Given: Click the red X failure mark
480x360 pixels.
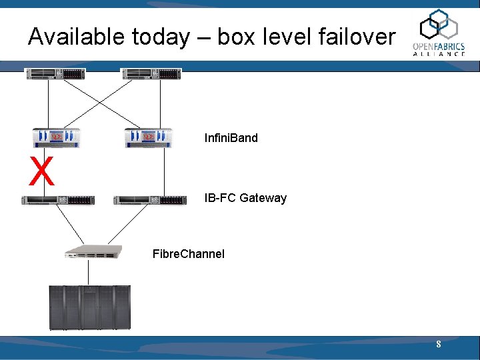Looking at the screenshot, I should [x=41, y=171].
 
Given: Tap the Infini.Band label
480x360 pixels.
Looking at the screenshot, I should [x=231, y=139].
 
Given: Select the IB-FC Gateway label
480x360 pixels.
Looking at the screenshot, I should [x=245, y=198].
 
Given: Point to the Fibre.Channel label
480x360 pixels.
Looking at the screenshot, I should [x=189, y=254].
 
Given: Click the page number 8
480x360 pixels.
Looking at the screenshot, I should [x=438, y=345].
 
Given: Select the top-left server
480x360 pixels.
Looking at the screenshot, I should [x=55, y=74].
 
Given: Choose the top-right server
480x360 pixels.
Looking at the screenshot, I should [x=151, y=74].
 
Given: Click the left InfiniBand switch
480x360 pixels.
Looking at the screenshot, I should [x=56, y=137].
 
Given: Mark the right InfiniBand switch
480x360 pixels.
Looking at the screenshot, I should [x=149, y=137].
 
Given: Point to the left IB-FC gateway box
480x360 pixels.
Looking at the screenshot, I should [x=58, y=200].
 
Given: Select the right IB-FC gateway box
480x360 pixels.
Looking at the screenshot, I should [x=150, y=200].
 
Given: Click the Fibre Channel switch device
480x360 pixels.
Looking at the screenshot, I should [x=93, y=252].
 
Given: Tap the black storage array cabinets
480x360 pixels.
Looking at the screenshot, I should [x=89, y=307].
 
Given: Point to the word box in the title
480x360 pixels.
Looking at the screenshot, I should [x=236, y=37].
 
